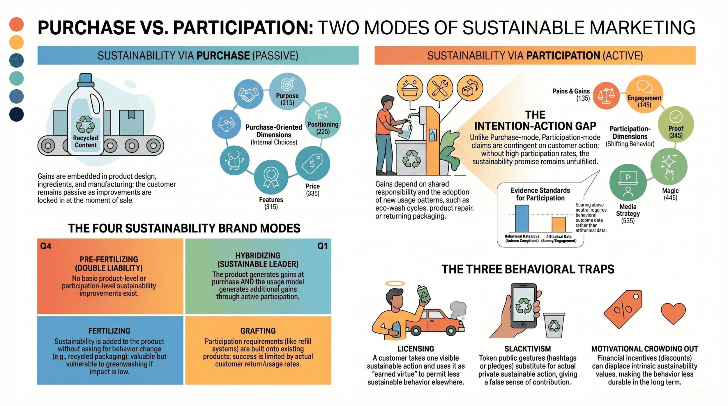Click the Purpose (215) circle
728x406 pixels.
point(287,91)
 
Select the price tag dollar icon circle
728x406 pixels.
point(312,164)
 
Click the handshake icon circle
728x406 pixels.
point(248,94)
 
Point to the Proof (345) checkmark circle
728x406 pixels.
point(676,124)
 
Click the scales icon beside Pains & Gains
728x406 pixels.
point(606,95)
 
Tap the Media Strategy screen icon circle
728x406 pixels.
point(628,182)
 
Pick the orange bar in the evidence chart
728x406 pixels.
point(559,224)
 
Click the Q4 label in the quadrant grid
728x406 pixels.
point(46,246)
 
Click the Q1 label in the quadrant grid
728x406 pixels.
point(322,246)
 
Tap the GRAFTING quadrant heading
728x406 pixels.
point(258,331)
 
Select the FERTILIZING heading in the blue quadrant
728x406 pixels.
point(109,331)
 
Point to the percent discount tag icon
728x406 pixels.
point(623,309)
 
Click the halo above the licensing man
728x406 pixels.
point(395,283)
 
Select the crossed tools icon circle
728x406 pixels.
point(440,88)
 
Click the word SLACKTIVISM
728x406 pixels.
point(527,349)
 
